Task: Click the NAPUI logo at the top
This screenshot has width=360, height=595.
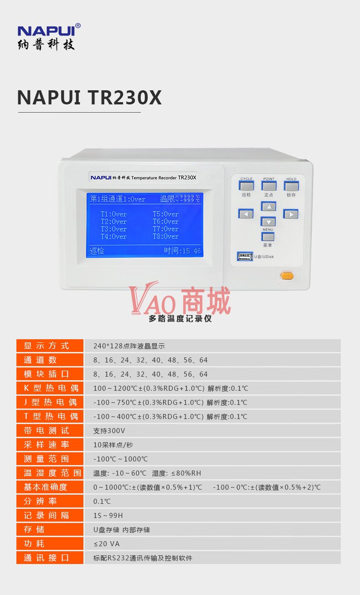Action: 49,36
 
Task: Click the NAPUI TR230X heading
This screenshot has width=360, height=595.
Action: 89,98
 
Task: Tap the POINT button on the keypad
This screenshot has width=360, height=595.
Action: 269,186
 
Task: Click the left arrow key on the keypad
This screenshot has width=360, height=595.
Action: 246,214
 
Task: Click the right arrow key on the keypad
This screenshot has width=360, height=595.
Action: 291,214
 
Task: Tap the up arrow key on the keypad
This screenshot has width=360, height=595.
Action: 269,207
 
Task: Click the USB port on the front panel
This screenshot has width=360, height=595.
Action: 245,257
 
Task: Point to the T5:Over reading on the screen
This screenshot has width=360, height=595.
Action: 166,214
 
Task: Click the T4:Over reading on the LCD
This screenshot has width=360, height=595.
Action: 113,237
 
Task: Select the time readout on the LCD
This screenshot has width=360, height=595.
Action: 182,250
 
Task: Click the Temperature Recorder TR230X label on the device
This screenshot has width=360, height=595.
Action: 164,178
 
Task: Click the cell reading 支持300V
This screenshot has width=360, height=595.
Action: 109,430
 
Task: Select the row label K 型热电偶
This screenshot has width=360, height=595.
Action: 51,388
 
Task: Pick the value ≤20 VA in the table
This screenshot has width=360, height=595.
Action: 107,544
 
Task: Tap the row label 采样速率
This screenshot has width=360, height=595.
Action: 46,445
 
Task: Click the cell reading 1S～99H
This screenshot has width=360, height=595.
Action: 108,515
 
